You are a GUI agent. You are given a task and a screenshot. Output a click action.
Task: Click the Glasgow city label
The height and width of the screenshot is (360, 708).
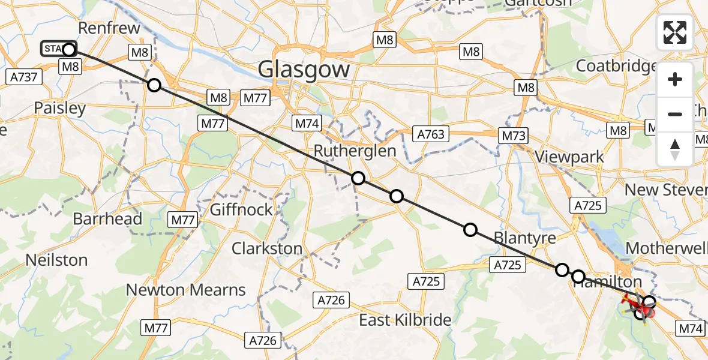304,70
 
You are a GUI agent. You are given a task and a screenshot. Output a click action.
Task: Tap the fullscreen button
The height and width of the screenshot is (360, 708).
675,32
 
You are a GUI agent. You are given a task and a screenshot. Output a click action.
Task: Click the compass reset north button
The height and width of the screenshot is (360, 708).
675,149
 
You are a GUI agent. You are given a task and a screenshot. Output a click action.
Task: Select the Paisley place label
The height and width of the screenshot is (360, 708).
60,109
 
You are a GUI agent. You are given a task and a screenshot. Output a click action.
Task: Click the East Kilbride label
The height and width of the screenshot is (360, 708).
405,320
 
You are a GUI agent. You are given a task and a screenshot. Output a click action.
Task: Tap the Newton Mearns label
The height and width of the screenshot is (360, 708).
186,290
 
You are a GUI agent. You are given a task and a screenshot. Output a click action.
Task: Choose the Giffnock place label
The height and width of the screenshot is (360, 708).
241,210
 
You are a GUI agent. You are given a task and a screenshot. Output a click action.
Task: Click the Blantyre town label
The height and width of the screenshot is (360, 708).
524,238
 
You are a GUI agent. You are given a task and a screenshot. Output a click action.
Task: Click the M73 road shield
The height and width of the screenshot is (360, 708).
514,136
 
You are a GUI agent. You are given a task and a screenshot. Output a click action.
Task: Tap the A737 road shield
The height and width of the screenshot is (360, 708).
24,77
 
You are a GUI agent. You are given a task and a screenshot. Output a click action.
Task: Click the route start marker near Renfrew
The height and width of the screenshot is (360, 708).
69,49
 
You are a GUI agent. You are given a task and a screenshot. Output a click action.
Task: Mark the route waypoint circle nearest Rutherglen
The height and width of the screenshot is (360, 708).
358,178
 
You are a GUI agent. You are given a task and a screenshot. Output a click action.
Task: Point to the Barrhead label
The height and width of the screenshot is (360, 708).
107,218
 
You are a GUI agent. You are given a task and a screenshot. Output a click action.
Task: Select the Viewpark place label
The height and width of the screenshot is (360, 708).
570,158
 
